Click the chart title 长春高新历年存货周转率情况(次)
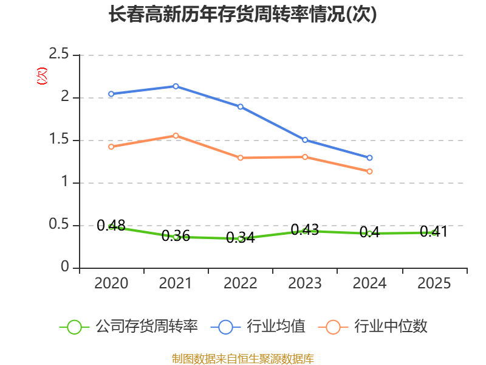tap(242, 15)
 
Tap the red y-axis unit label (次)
tap(42, 76)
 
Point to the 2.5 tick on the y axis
tap(58, 54)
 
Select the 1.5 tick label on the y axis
tap(58, 139)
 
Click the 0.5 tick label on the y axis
tap(58, 224)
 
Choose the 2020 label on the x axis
tap(111, 283)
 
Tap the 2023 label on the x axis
tap(305, 283)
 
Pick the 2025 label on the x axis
tap(434, 283)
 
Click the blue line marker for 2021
tap(176, 86)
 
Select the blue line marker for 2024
tap(369, 158)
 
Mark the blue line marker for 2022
tap(240, 106)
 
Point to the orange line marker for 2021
tap(176, 136)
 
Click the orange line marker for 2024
tap(369, 172)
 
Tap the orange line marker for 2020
tap(111, 147)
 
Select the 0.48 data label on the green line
tap(111, 225)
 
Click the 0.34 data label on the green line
tap(240, 237)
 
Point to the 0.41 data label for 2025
tap(434, 232)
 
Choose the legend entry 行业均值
tap(258, 327)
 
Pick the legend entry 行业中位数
tap(373, 327)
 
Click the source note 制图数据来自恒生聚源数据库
tap(242, 359)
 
